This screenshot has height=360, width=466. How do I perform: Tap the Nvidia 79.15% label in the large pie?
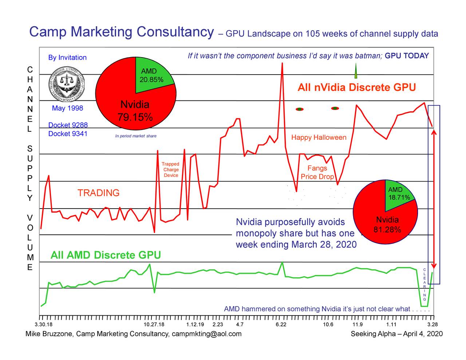point(135,111)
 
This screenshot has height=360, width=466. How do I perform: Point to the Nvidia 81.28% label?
point(387,225)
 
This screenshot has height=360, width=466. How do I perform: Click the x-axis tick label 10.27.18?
point(154,324)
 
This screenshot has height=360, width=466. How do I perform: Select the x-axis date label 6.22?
point(281,324)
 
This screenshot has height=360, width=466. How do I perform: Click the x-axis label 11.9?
point(358,324)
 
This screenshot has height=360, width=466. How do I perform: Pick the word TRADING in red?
point(98,193)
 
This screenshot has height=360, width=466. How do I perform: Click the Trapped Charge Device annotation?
point(170,170)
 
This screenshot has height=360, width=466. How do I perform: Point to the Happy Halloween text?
point(319,138)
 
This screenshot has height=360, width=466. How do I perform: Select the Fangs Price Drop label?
point(317,173)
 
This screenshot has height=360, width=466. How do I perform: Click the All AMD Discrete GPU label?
point(106,255)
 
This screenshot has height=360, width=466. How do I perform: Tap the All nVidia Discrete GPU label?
point(356,88)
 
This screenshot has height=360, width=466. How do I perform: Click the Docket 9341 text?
point(68,134)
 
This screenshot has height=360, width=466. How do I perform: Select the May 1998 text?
point(67,108)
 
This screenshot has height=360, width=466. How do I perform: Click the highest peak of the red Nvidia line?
point(282,64)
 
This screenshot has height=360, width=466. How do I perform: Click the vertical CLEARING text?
point(424,284)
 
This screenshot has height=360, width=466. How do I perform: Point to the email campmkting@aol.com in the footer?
point(206,334)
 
